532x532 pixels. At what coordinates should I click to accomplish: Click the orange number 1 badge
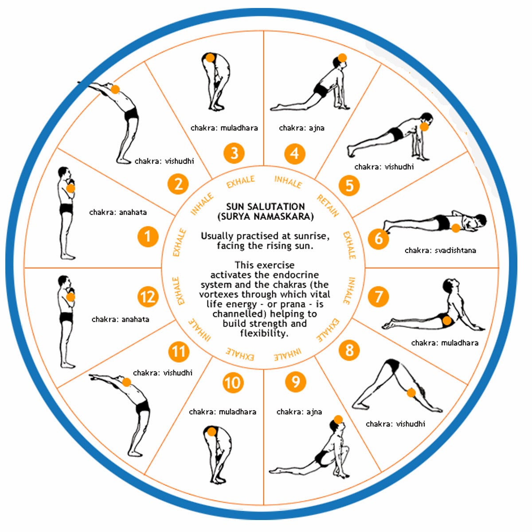coord(148,237)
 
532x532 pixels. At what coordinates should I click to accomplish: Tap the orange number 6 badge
coord(379,239)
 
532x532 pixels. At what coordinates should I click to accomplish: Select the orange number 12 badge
coord(148,297)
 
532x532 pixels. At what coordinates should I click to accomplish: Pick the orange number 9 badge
coord(296,382)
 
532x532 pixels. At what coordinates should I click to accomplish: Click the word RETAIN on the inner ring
coord(328,206)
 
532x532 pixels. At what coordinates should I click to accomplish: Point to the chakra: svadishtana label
coord(440,250)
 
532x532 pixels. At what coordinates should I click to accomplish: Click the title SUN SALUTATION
coord(266,207)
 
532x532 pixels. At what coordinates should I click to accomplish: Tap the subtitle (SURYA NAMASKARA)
coord(266,217)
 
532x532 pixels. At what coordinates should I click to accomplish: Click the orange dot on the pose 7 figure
coord(447,321)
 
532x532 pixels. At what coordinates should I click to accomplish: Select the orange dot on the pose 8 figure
coord(411,392)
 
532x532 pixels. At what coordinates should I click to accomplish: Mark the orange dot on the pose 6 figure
coord(455,228)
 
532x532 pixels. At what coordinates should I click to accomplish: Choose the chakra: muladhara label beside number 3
coord(224,128)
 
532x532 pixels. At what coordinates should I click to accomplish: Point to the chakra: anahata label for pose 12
coord(120,319)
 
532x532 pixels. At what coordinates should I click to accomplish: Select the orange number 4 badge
coord(295,154)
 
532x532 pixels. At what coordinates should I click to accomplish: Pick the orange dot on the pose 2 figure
coord(115,90)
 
